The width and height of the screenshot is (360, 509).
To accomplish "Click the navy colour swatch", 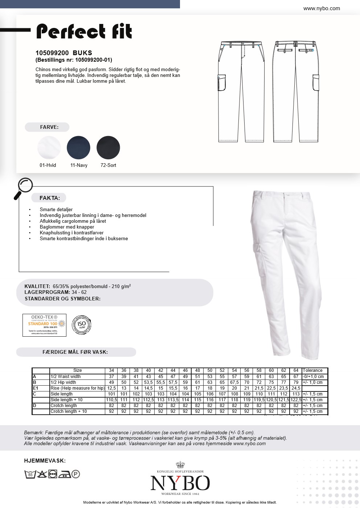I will click(x=78, y=148).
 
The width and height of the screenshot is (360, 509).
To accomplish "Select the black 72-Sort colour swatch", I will click(x=108, y=148).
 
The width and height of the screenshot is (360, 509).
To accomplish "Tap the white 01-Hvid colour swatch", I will click(x=49, y=148).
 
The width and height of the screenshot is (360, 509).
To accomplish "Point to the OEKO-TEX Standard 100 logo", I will click(x=44, y=325).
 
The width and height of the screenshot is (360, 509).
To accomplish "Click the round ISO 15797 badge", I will click(x=82, y=325).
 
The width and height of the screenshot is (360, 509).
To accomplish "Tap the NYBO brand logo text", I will click(x=180, y=483).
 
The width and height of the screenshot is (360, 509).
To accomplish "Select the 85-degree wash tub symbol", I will click(x=30, y=474).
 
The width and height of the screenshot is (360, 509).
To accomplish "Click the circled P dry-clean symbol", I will click(x=75, y=474).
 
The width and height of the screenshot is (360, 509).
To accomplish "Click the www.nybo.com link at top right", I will click(x=322, y=8).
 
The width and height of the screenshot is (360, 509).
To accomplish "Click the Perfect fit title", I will click(x=84, y=32).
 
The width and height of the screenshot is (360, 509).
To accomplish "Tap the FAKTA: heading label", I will click(x=50, y=198).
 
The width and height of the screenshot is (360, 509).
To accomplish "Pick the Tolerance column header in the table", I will click(x=312, y=370).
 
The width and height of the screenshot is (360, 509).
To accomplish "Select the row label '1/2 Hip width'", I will click(x=63, y=382).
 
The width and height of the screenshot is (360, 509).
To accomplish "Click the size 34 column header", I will click(x=111, y=370).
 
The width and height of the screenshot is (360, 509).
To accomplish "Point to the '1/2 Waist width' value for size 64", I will click(x=296, y=377).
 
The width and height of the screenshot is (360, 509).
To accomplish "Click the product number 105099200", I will click(x=52, y=53).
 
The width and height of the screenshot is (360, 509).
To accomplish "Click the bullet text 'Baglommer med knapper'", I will click(x=67, y=227).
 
